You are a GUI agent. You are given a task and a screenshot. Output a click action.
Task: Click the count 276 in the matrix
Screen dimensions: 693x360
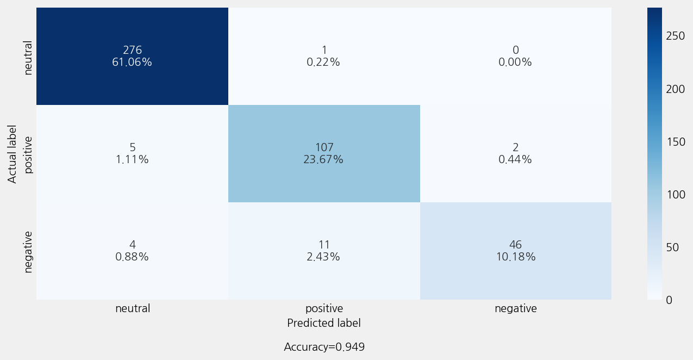tap(133, 50)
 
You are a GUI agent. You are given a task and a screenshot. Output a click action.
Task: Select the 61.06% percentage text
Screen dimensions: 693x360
tap(132, 62)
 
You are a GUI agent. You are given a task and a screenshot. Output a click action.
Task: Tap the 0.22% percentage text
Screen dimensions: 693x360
tap(323, 62)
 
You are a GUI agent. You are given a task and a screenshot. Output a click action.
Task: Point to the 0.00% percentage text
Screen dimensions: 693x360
tap(515, 62)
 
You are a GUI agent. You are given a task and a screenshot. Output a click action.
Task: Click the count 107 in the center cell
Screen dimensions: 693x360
tap(324, 147)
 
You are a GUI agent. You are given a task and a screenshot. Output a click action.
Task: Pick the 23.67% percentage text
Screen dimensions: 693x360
tap(323, 159)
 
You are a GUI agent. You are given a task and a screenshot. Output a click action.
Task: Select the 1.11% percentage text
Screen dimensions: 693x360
tap(132, 159)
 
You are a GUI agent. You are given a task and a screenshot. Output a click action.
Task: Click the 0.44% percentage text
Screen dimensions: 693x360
tap(515, 159)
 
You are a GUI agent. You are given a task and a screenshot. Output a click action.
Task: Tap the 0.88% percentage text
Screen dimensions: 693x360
tap(132, 257)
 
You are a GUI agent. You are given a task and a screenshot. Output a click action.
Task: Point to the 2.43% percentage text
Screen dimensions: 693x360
tap(323, 257)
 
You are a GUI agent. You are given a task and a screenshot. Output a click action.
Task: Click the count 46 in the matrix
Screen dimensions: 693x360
tap(515, 245)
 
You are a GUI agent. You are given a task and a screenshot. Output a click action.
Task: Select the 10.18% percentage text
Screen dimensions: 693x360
tap(516, 257)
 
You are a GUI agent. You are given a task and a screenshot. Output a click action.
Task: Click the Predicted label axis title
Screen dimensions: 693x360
tap(324, 323)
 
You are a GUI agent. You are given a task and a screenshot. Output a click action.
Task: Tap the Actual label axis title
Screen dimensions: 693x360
tap(12, 154)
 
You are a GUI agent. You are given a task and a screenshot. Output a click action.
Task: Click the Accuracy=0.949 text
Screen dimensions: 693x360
tap(324, 347)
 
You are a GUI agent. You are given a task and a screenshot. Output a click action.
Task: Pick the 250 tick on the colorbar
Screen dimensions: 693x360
tap(676, 36)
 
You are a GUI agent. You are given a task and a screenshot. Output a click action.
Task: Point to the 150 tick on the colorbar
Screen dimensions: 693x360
tap(676, 142)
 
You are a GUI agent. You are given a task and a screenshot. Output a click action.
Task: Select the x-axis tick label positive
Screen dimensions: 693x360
tap(324, 309)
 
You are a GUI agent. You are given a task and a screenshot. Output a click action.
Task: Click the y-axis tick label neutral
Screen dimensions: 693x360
tap(28, 58)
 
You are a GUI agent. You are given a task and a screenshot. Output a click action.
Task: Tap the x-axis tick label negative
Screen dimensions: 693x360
tap(516, 309)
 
